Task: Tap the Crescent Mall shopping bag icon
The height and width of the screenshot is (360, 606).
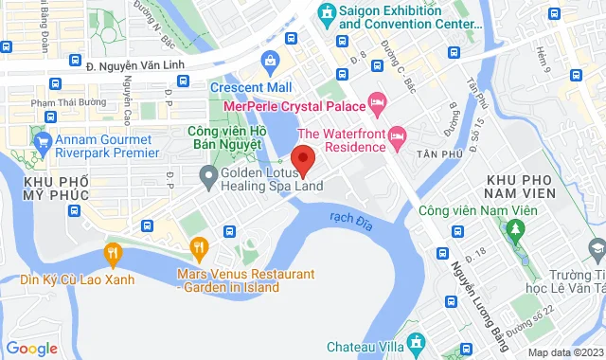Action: tap(271, 63)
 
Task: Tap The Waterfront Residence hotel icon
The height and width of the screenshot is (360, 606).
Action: tap(398, 138)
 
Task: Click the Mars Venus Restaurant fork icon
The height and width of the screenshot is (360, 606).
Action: tap(199, 250)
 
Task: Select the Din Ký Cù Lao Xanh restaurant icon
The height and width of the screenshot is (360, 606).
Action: tap(113, 252)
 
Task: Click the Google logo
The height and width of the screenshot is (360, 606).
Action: tap(32, 348)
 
